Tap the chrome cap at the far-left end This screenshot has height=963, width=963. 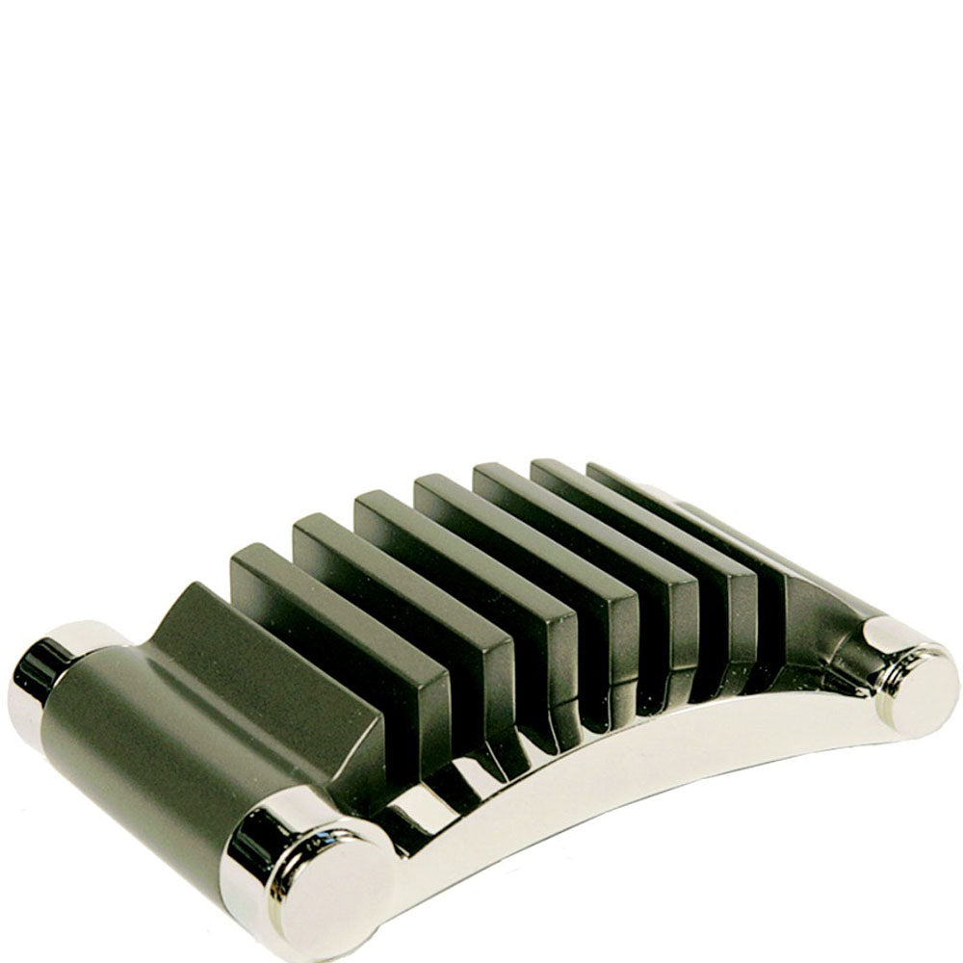pos(39,674)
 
